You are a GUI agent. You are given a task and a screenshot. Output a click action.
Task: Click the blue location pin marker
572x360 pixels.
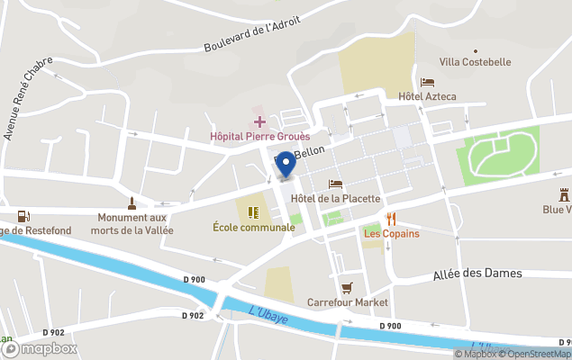click(286, 164)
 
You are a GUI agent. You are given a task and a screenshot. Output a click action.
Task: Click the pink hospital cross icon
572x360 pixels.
click(259, 121)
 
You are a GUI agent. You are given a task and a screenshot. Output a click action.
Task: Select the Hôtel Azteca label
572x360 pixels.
click(427, 96)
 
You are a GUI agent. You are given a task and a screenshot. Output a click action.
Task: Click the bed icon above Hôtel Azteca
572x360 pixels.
click(427, 82)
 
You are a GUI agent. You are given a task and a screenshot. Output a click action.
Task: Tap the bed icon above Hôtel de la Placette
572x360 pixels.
click(335, 184)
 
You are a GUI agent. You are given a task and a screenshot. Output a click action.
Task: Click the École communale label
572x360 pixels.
click(253, 228)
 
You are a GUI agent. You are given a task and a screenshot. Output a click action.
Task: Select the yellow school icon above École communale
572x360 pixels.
click(253, 212)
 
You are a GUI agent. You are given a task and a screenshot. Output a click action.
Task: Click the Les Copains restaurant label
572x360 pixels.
click(392, 234)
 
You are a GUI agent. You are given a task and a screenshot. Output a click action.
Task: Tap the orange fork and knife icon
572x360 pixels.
click(391, 219)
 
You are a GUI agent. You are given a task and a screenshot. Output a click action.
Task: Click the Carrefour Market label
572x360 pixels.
click(348, 302)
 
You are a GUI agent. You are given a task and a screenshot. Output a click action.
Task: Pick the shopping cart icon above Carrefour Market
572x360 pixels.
click(348, 287)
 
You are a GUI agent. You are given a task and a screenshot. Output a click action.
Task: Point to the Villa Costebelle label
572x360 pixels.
click(475, 62)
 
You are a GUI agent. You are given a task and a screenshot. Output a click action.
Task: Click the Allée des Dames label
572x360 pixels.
click(477, 273)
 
